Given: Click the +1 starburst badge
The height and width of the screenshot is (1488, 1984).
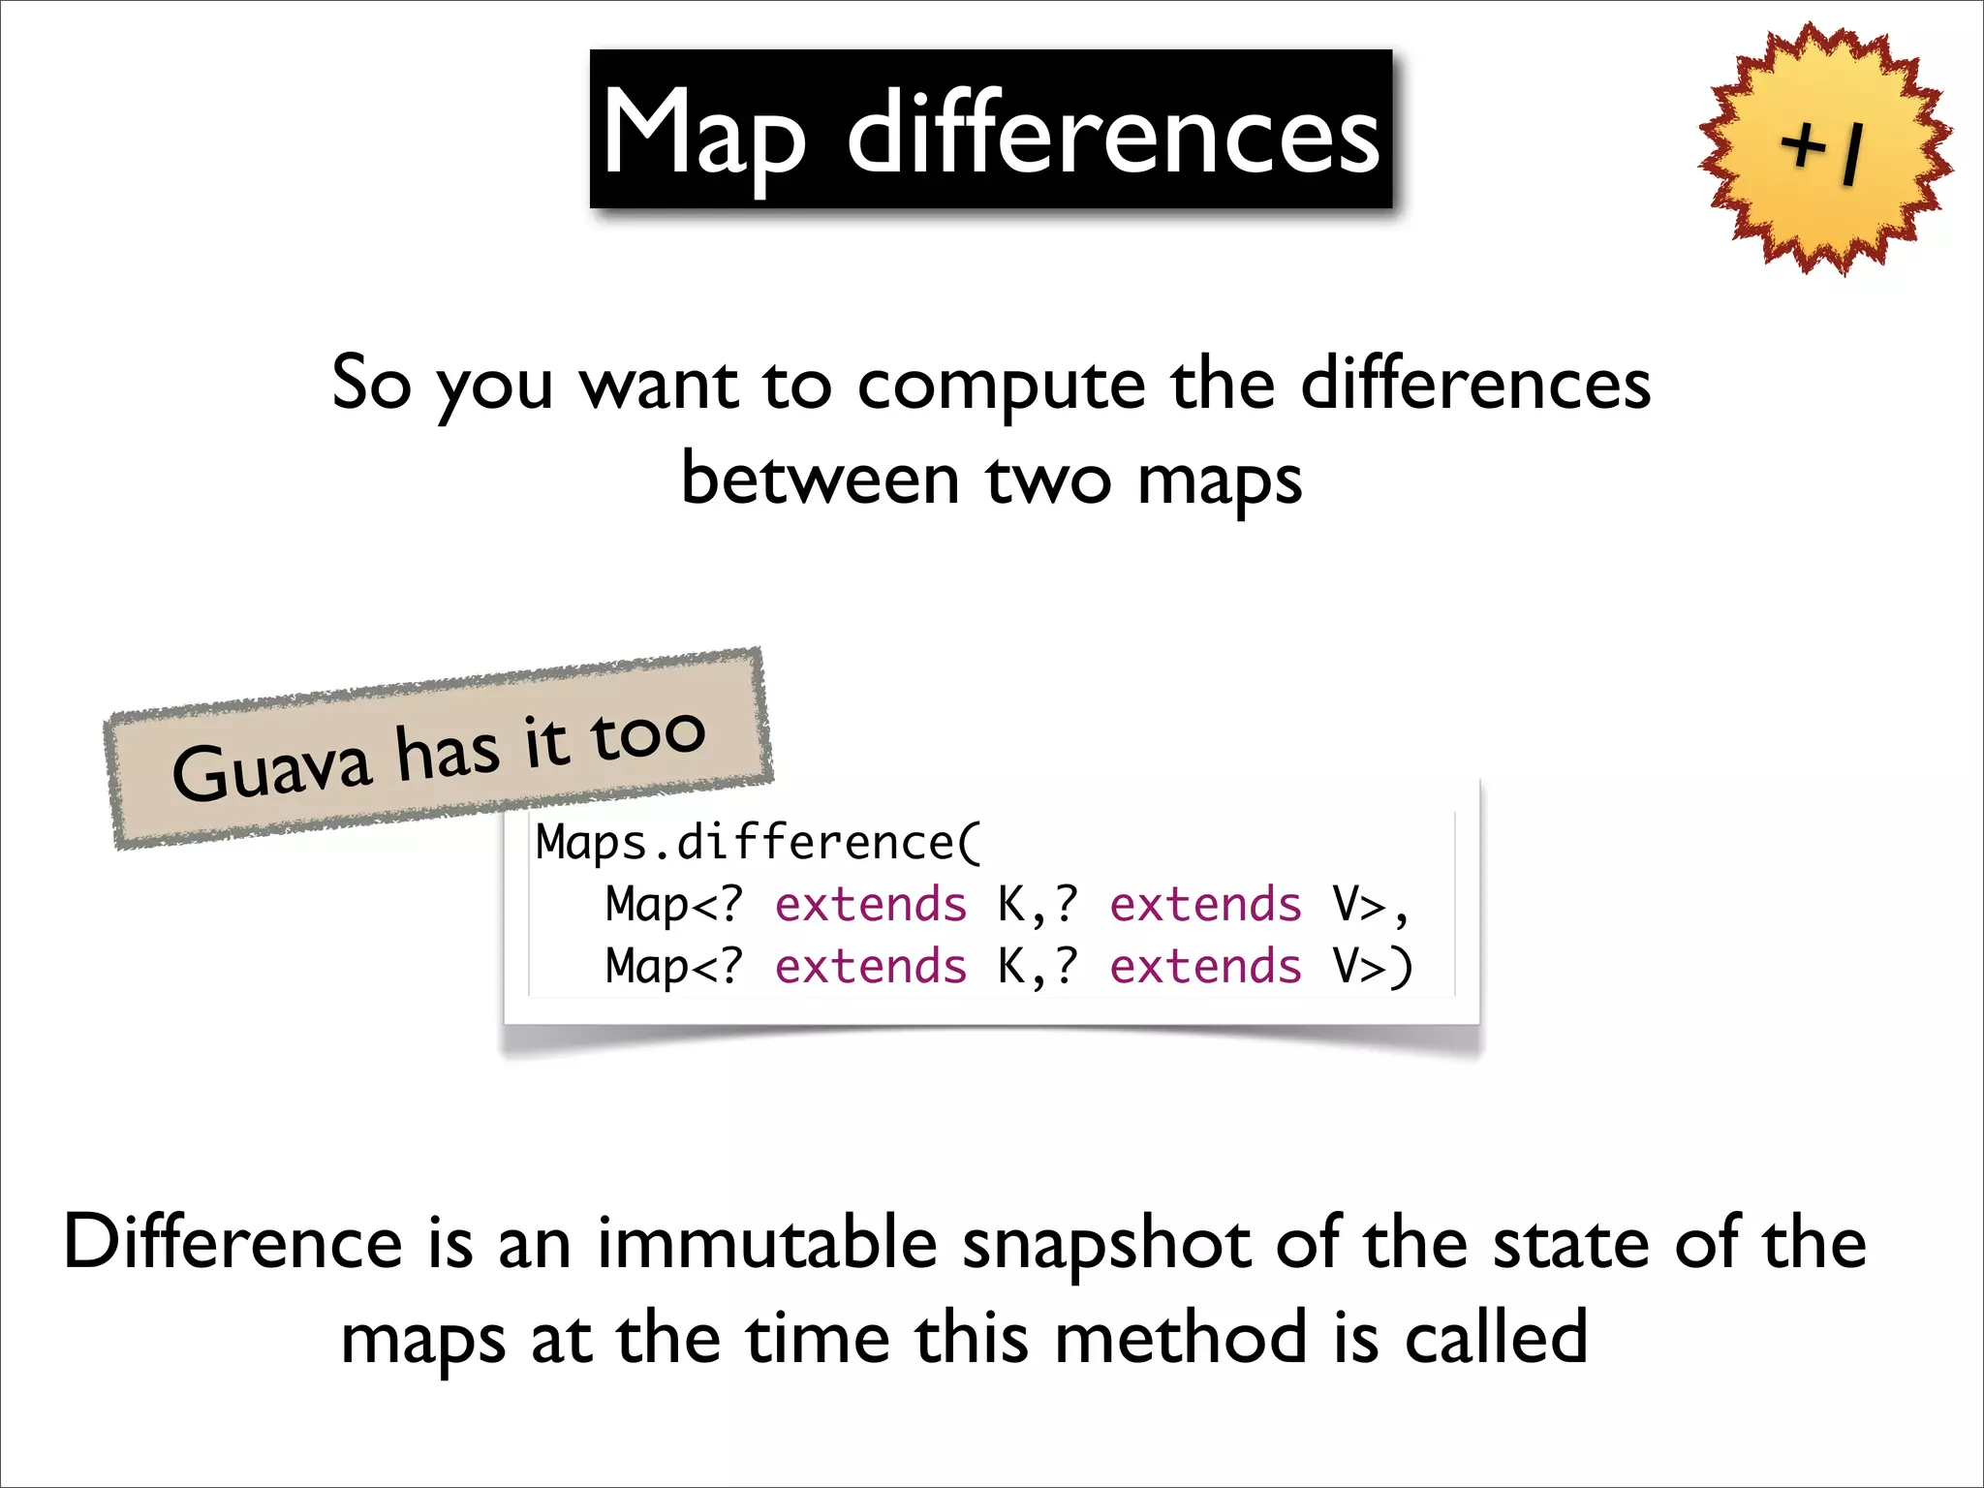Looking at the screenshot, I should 1825,150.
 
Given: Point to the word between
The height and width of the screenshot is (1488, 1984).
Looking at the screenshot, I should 820,480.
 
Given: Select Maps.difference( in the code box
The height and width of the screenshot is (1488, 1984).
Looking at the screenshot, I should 759,842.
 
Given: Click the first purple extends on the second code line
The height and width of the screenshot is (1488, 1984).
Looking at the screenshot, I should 870,905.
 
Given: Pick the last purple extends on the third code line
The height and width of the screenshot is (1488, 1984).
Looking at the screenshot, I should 1205,967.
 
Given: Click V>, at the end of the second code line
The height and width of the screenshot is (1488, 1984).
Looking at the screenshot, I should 1370,905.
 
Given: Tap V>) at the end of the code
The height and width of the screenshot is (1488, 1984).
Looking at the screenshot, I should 1372,967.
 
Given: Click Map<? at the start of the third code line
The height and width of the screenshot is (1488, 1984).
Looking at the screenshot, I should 673,967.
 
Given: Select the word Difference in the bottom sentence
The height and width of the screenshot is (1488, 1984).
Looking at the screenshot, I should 232,1243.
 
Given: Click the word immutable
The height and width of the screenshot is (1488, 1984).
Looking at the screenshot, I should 766,1243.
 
